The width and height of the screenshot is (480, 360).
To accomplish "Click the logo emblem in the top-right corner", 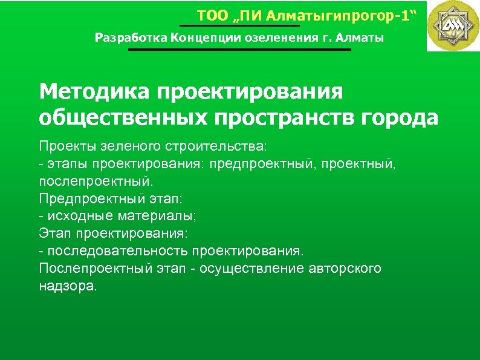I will (453, 25).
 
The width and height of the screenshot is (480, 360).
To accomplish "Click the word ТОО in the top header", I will (210, 15).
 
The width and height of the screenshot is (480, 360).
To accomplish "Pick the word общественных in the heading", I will (122, 117).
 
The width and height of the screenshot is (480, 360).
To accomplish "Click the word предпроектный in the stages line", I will (262, 164).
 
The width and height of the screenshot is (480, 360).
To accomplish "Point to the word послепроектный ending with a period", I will (96, 181).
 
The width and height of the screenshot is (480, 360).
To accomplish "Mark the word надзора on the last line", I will (66, 285).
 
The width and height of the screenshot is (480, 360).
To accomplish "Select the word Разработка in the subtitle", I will (130, 38).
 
